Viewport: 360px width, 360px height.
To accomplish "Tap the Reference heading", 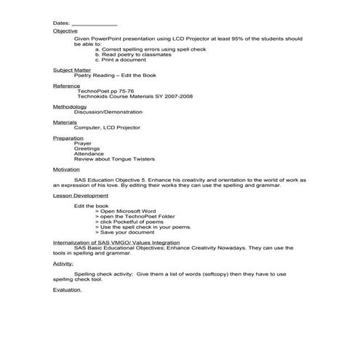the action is click(65, 86).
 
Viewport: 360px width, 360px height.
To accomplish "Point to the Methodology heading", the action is click(70, 106).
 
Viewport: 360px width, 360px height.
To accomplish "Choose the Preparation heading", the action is click(68, 138).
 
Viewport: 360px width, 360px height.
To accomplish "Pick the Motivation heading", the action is click(67, 169).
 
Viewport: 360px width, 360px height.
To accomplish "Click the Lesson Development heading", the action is click(80, 196).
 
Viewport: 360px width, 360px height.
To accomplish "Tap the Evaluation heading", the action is click(67, 289).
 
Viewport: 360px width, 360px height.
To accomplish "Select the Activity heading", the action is click(63, 263).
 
